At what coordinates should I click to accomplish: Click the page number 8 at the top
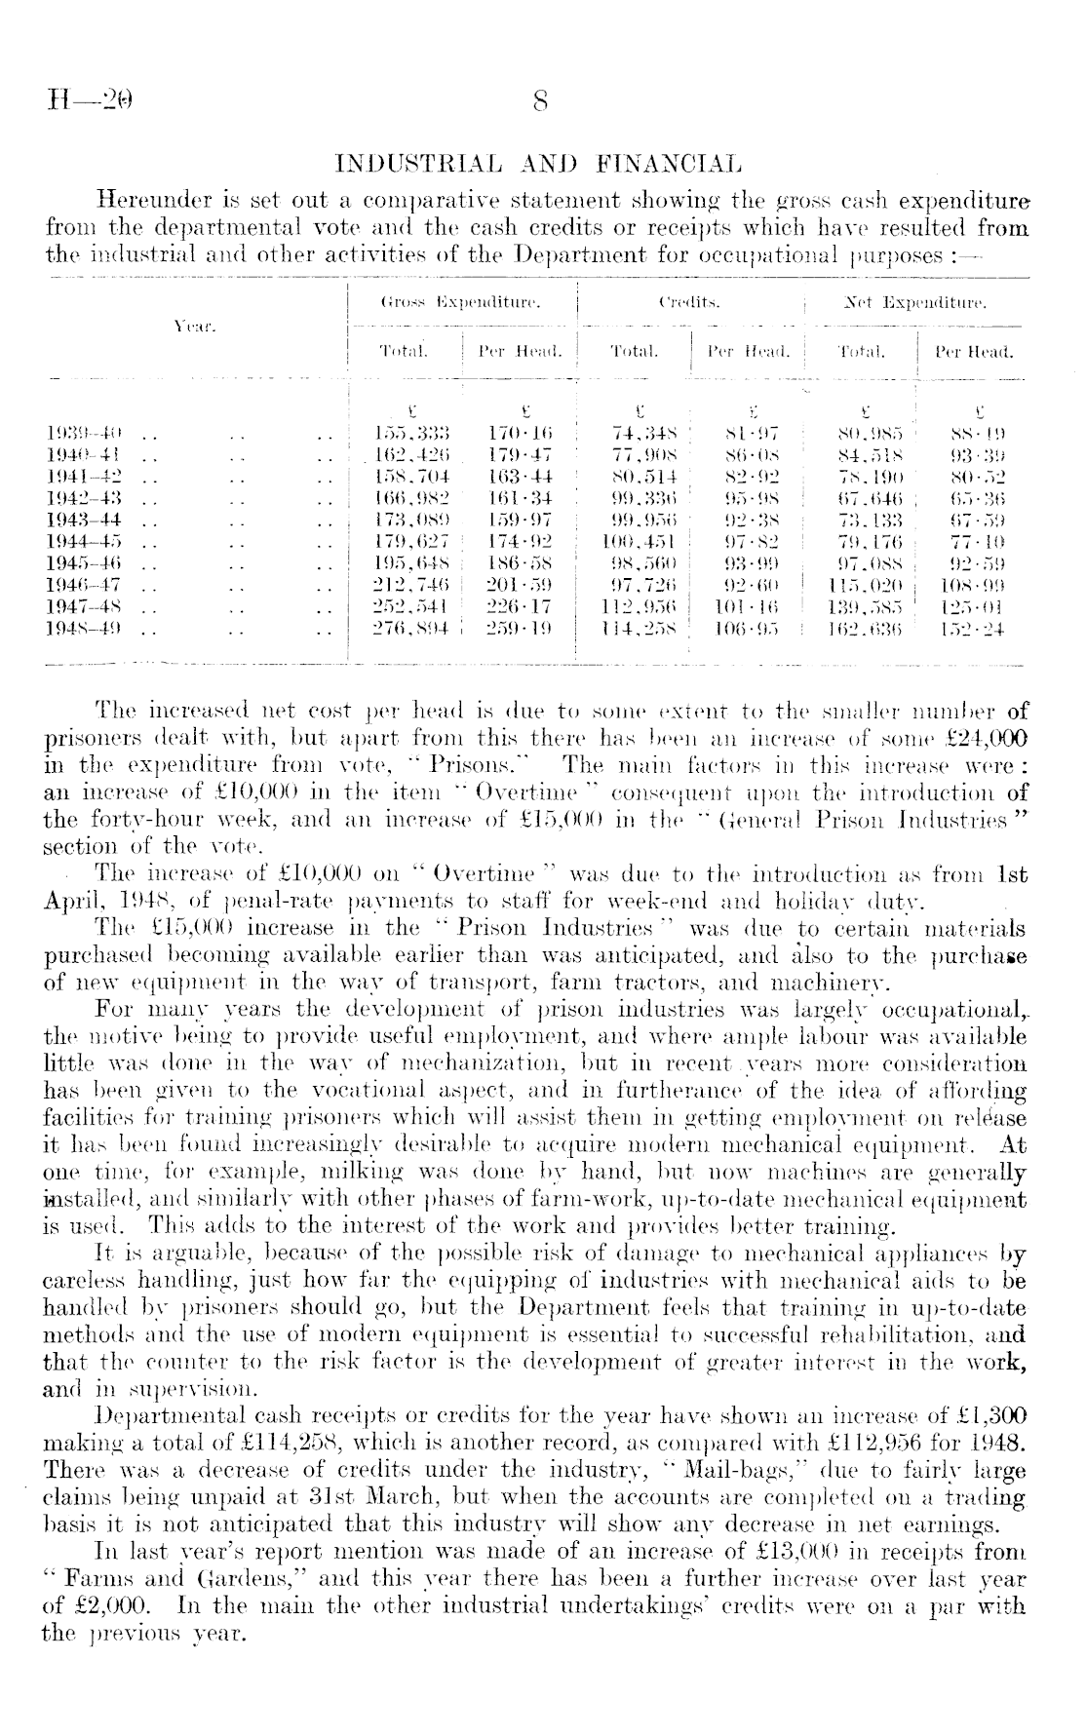tap(542, 101)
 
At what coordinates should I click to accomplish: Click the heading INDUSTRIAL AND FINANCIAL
tap(537, 163)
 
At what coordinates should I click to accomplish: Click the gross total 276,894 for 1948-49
tap(411, 631)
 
